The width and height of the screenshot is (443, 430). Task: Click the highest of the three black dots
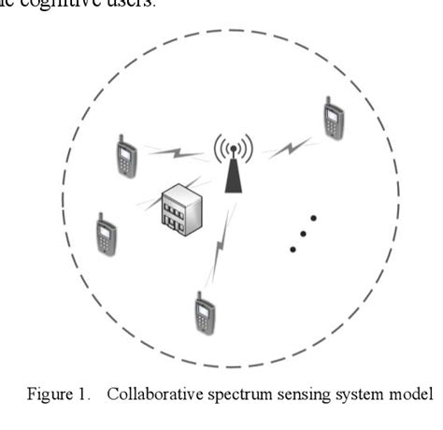point(314,219)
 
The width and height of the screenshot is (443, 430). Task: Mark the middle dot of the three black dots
point(304,234)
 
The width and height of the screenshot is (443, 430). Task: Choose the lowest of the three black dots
point(293,249)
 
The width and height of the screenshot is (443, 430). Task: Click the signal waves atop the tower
point(232,146)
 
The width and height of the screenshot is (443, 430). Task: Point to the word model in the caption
point(412,394)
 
